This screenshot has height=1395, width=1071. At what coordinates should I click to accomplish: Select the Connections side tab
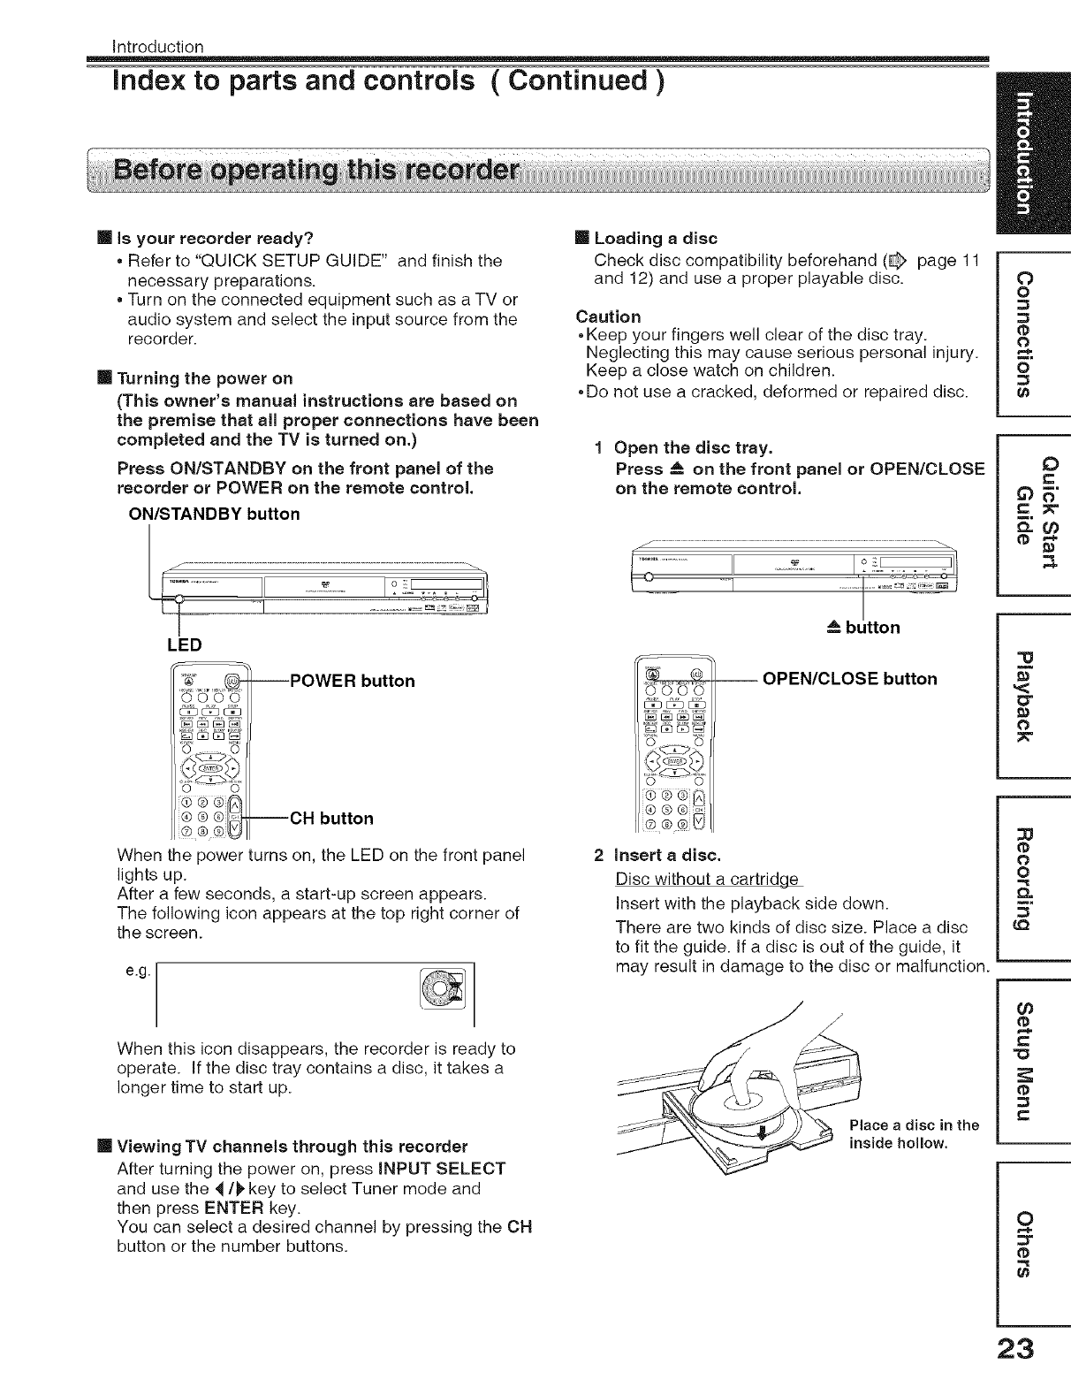tap(1033, 332)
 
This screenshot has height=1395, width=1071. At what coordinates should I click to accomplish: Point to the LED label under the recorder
tap(184, 644)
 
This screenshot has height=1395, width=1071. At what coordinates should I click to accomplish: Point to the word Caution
tap(608, 316)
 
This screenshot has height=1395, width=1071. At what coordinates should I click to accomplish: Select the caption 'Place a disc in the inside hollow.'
tap(913, 1134)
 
